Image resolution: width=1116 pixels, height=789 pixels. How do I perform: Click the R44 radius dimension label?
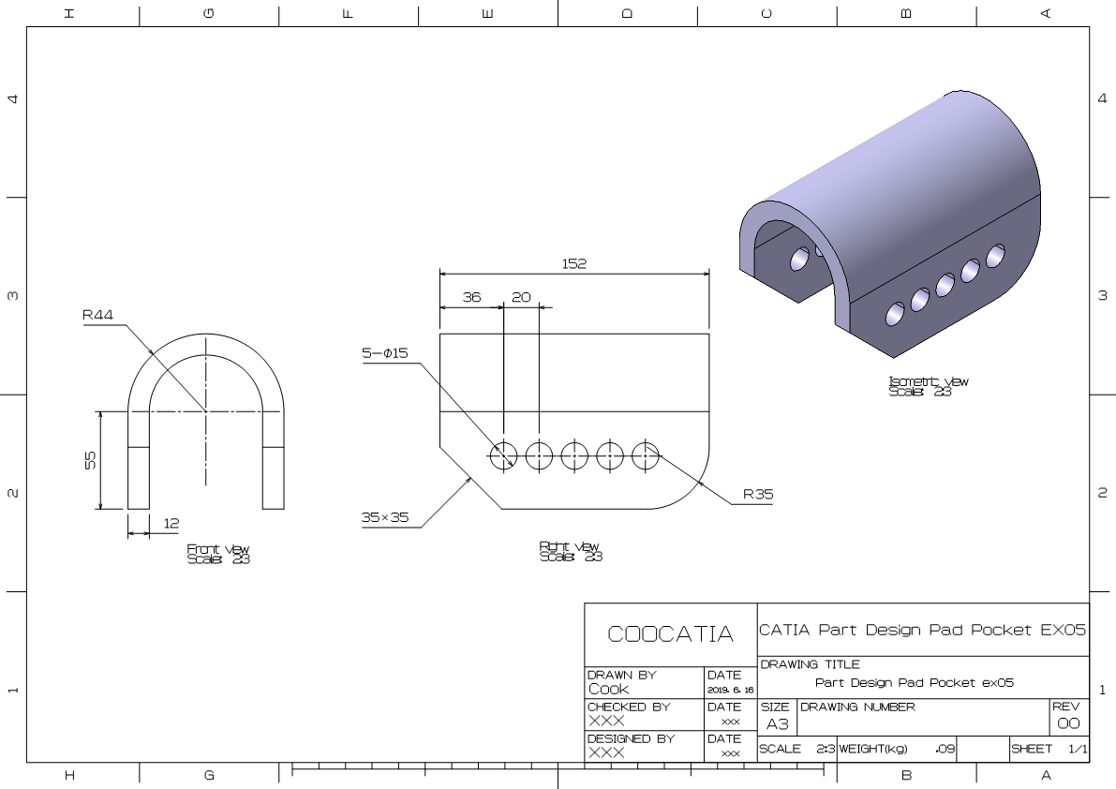[x=97, y=316]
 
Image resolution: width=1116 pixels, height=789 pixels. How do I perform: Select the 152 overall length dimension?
[x=573, y=264]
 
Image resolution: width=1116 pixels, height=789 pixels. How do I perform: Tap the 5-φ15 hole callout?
[x=384, y=353]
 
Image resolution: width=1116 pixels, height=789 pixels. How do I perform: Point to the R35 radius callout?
[x=758, y=494]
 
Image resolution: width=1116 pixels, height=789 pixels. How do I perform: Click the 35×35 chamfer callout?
[x=385, y=516]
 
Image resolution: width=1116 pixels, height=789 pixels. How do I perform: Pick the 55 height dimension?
[x=91, y=460]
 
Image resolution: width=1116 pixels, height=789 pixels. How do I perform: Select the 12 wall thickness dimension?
[x=171, y=523]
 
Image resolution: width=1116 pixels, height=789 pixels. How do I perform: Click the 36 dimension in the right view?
[x=471, y=297]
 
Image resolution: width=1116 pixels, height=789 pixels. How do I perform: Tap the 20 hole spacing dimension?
[x=521, y=297]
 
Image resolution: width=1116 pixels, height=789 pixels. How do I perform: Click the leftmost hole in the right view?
[x=502, y=456]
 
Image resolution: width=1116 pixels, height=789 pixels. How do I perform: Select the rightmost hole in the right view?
[x=646, y=456]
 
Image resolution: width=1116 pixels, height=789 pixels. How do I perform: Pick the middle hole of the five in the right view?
[x=574, y=456]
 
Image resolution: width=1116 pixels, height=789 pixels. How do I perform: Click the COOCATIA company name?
[x=670, y=634]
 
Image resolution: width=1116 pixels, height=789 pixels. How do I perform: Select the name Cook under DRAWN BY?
[x=609, y=689]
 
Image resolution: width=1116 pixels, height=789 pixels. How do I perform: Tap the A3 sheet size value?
[x=777, y=724]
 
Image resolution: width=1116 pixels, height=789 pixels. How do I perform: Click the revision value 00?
[x=1068, y=724]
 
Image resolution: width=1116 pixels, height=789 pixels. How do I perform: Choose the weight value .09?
[x=945, y=750]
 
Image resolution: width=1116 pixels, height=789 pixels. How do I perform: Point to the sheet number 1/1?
[x=1078, y=750]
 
